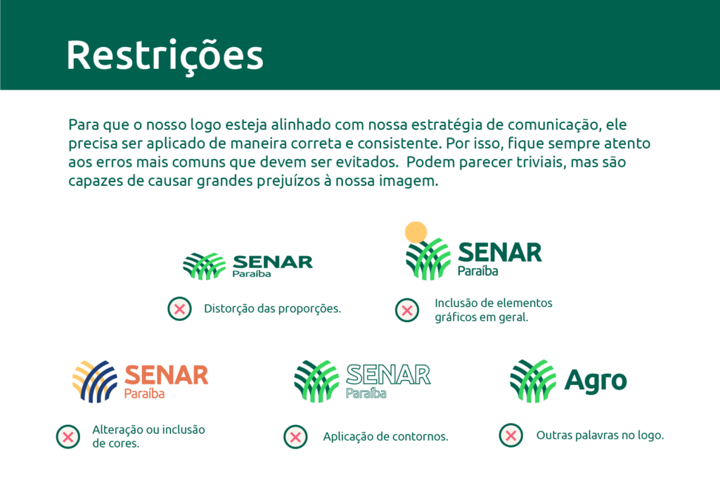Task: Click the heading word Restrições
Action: [165, 54]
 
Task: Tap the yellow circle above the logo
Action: [416, 232]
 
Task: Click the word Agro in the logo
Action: [596, 381]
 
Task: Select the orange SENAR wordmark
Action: [166, 374]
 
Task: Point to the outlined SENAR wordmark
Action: [388, 374]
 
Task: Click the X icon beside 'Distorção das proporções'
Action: [180, 308]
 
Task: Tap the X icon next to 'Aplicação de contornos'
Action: [295, 436]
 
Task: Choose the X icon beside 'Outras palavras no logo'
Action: [511, 435]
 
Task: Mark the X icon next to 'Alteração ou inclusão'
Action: [68, 436]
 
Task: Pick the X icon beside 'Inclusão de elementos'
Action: [407, 310]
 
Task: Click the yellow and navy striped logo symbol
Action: [95, 381]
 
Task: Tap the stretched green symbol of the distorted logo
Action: [204, 266]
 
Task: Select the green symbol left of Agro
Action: [532, 381]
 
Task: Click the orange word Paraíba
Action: [144, 393]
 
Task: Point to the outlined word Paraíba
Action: [366, 393]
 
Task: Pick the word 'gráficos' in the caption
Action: [456, 317]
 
